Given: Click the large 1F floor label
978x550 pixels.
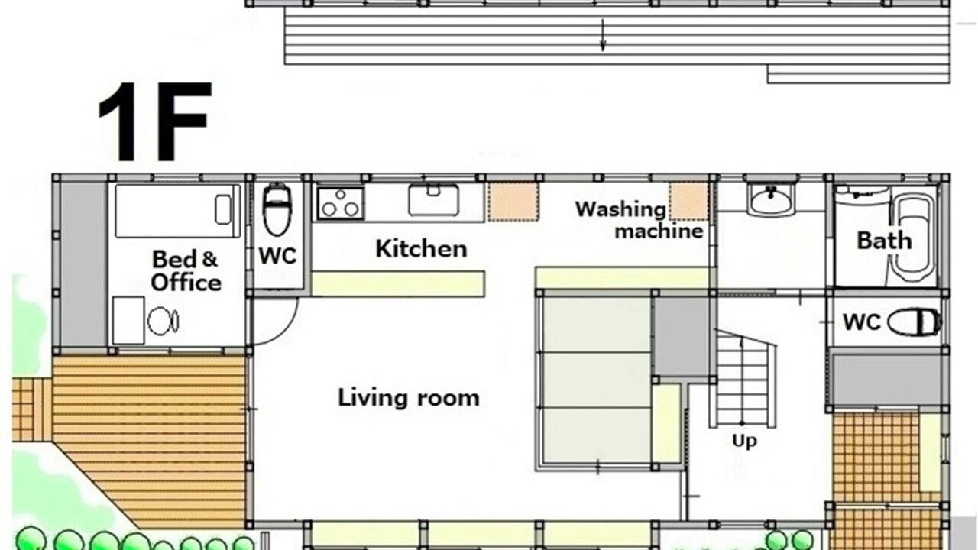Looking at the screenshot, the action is pos(155,121).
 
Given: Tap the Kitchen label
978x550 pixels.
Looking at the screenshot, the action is pos(421,249).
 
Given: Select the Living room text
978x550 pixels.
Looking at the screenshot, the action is pos(409,398).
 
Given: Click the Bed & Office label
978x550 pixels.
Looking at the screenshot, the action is pos(186,270).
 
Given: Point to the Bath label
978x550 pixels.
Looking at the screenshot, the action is pos(884,241).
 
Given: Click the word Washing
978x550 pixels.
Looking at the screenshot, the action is pos(620,209).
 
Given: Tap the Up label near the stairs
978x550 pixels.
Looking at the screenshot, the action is pos(744,441).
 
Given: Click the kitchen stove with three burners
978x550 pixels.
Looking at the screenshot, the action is pos(341,203).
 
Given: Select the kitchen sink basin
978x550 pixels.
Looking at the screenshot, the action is pos(433,200).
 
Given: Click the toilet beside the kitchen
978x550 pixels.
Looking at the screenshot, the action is pos(277,209).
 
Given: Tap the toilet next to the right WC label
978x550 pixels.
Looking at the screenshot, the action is pos(915,322).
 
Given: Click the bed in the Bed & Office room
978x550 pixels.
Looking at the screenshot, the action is pos(178,211).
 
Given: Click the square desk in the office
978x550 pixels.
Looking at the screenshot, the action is pos(129,320).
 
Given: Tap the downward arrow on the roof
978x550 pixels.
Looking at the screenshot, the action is pos(603,35).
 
